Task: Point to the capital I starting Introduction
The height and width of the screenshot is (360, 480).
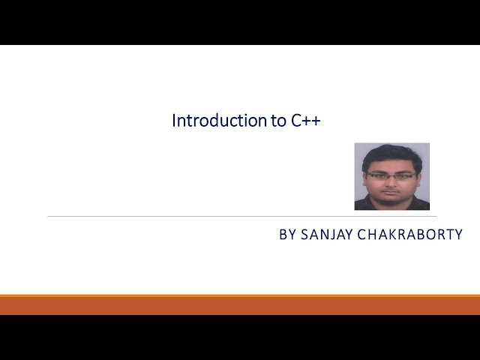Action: pyautogui.click(x=174, y=121)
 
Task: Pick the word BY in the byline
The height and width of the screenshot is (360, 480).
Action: pyautogui.click(x=288, y=235)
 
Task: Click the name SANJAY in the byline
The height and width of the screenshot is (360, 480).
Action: pyautogui.click(x=328, y=235)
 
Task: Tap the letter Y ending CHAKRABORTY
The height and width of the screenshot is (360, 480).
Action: pyautogui.click(x=457, y=235)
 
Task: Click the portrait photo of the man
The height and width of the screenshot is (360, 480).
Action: pyautogui.click(x=391, y=176)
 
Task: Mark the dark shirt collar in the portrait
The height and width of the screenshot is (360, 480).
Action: pyautogui.click(x=375, y=205)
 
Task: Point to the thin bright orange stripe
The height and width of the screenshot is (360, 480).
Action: pyautogui.click(x=240, y=295)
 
